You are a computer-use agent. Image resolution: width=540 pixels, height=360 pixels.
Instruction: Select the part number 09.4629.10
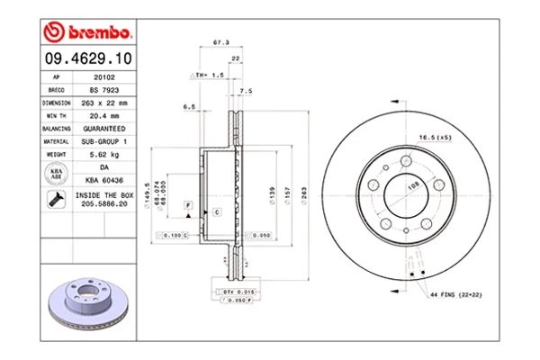tap(86, 60)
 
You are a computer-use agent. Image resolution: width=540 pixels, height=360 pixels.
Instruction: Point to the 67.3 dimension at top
tap(218, 42)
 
